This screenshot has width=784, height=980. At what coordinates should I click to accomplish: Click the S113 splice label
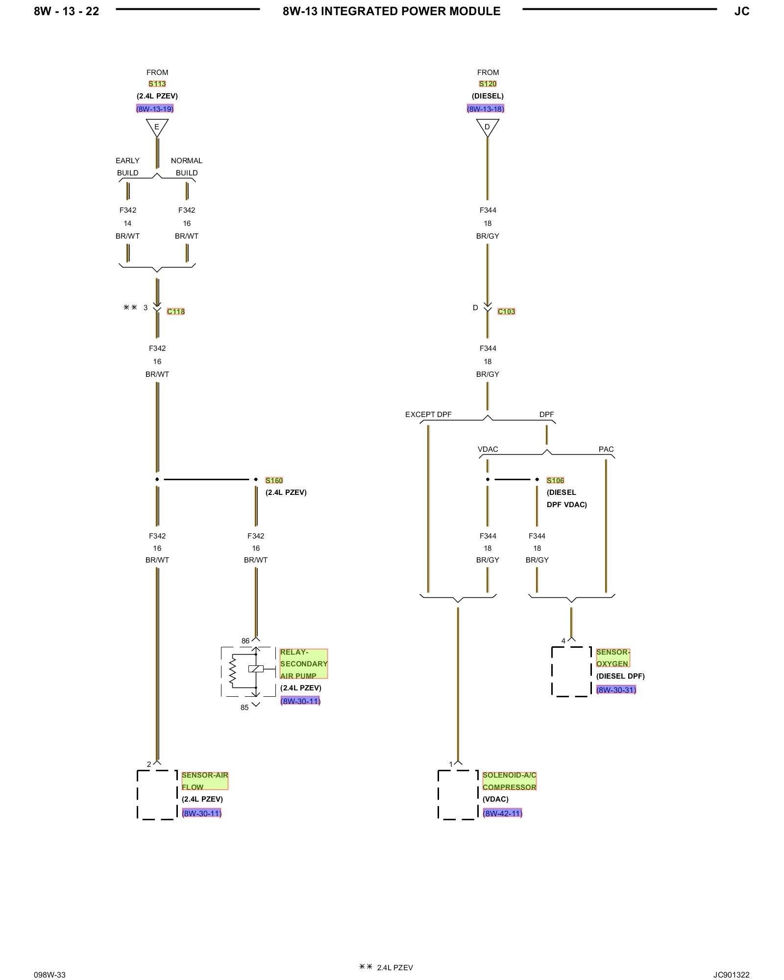click(x=157, y=84)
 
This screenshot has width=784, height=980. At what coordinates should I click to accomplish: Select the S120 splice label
click(x=488, y=84)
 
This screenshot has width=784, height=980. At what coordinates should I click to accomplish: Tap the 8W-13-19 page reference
click(x=155, y=109)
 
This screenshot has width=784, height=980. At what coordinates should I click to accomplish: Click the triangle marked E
click(x=157, y=128)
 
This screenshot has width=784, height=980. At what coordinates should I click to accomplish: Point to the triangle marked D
click(x=488, y=128)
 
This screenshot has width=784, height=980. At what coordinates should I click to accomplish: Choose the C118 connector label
click(x=176, y=311)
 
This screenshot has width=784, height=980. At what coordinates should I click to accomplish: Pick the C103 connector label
click(x=506, y=311)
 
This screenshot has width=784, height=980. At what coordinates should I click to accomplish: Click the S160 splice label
click(x=274, y=480)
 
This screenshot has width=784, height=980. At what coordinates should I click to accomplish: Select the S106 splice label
click(x=555, y=480)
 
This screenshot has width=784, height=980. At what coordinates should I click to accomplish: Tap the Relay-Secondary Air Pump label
click(x=303, y=663)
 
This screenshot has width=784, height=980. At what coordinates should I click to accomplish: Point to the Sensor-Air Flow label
click(x=205, y=781)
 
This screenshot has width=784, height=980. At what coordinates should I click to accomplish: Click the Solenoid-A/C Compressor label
click(x=509, y=781)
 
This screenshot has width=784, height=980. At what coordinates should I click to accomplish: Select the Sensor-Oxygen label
click(x=613, y=658)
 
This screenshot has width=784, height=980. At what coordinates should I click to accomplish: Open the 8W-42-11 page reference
click(x=502, y=813)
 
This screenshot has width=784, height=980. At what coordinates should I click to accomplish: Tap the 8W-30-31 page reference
click(x=616, y=690)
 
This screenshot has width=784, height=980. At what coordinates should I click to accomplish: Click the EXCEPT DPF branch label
click(x=428, y=415)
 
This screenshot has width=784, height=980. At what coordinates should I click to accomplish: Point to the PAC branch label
click(x=606, y=449)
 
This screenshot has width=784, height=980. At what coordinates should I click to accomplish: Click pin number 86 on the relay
click(x=245, y=641)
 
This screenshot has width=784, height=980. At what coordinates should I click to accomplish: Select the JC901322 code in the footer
click(x=731, y=975)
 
